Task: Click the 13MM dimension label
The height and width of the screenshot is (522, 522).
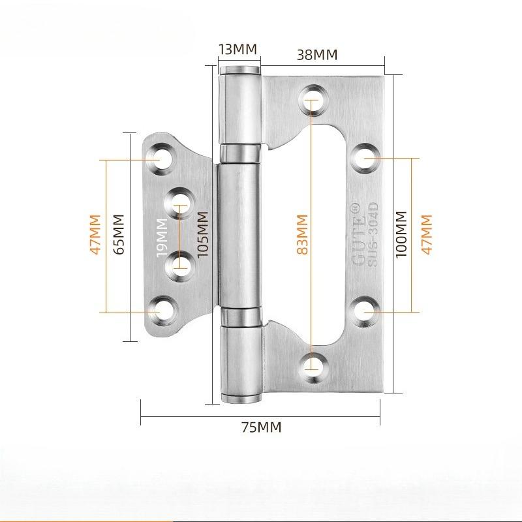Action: (x=238, y=50)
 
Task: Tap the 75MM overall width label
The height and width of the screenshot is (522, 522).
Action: (x=261, y=428)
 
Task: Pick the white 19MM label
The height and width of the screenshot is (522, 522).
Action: (x=162, y=239)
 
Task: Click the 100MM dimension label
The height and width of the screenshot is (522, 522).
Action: (x=401, y=235)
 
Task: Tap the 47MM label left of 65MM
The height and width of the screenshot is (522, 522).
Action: (x=95, y=235)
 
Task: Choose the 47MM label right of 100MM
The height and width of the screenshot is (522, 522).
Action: (x=427, y=235)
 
